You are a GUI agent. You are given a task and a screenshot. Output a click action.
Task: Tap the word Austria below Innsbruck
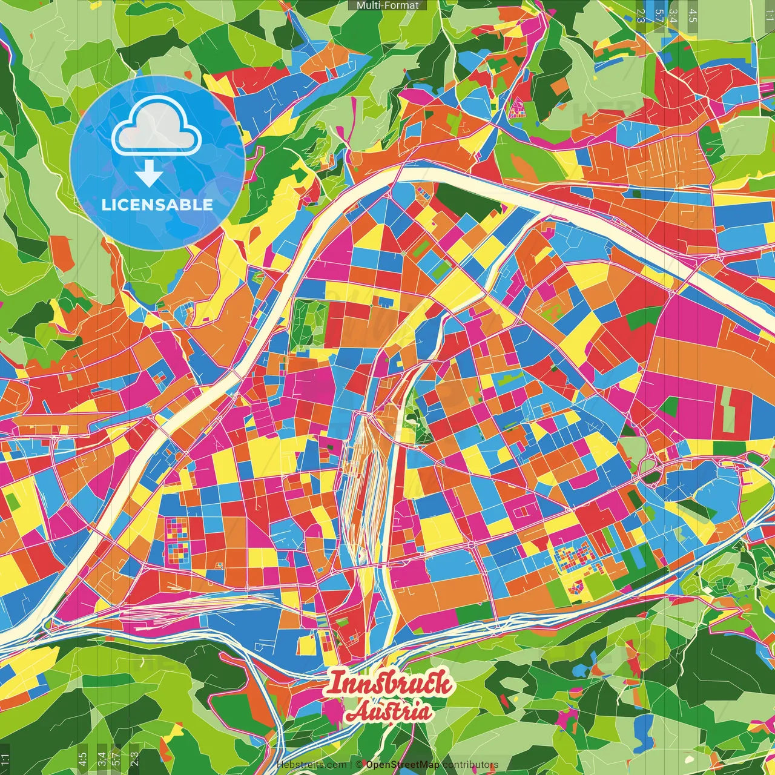click(x=389, y=712)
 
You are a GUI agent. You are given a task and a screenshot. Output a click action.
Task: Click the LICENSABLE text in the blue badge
click(x=157, y=205)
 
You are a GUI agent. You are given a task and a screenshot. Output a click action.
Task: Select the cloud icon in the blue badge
click(x=157, y=126)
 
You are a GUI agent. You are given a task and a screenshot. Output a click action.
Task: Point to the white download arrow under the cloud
click(x=149, y=173)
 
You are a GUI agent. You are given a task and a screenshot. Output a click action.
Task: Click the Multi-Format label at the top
click(x=387, y=5)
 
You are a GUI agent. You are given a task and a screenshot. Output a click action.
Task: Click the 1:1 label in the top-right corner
click(x=769, y=13)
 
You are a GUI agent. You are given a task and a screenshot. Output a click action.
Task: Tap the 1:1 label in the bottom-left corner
click(x=5, y=759)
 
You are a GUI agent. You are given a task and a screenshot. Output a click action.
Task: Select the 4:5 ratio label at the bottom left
click(x=82, y=759)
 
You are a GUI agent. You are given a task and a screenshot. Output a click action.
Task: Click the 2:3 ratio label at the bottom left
click(x=134, y=759)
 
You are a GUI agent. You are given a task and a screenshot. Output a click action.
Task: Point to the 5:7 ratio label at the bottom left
click(x=116, y=759)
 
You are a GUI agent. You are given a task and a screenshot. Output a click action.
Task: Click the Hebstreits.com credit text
click(x=312, y=765)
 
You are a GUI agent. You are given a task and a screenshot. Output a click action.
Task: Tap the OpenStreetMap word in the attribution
click(x=403, y=765)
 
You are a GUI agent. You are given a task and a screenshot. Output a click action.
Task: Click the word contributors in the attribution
click(x=470, y=765)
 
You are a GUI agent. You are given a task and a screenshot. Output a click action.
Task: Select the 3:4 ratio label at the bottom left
click(x=102, y=759)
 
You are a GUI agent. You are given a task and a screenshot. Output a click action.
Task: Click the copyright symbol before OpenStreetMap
click(x=358, y=765)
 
